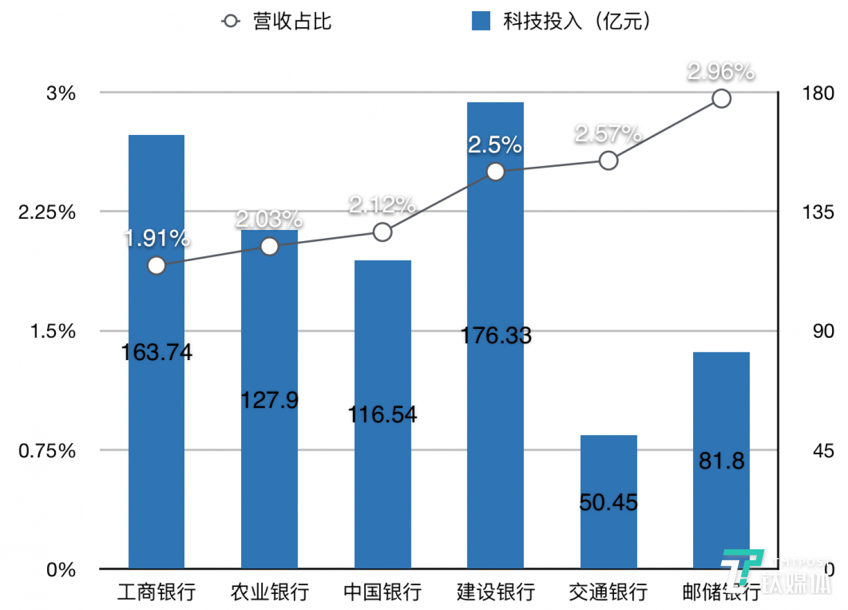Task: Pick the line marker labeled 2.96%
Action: (721, 98)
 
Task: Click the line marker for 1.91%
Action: (157, 266)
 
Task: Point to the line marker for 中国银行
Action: (382, 232)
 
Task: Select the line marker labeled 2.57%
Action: (608, 160)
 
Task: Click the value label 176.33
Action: (496, 335)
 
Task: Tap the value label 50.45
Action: (608, 503)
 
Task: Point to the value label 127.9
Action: (269, 400)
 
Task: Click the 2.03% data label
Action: (269, 219)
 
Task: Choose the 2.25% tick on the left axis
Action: (47, 212)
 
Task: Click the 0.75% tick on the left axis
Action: (47, 451)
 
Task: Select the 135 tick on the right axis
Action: (818, 212)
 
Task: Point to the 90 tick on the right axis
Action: (823, 331)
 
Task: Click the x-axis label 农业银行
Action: (269, 592)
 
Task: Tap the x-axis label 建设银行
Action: (496, 592)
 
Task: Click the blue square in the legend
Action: (481, 21)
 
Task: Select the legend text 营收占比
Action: (292, 21)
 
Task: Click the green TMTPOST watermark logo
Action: (741, 567)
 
